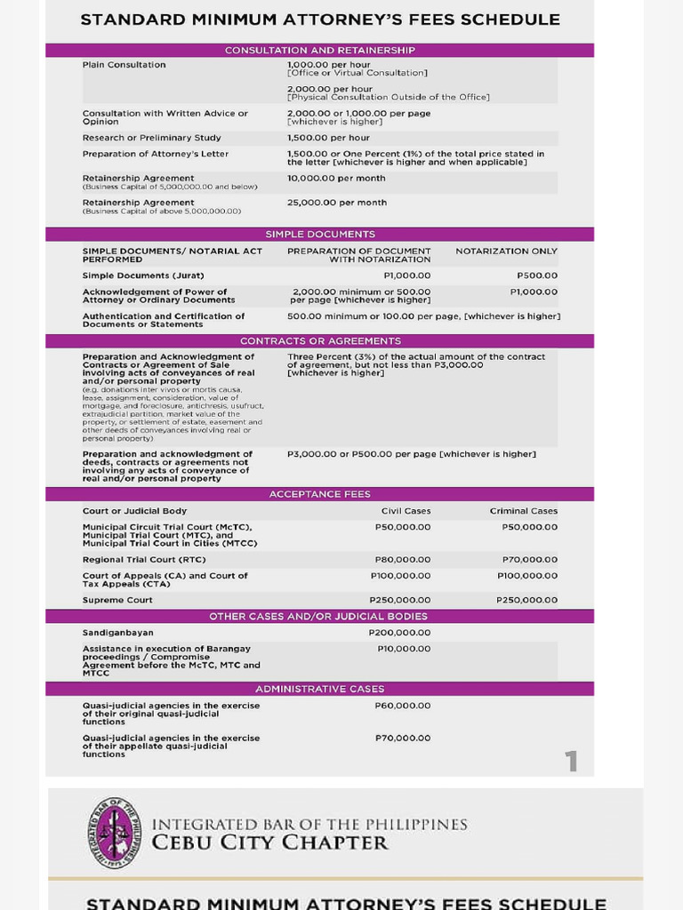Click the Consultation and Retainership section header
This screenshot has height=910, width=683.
[319, 51]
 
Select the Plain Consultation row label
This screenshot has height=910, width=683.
[124, 65]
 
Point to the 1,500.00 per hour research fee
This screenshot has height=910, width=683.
[328, 138]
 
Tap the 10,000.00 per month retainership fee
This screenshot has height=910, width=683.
[336, 179]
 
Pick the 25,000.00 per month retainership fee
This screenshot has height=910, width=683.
[336, 203]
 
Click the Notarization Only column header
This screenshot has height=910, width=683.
[506, 251]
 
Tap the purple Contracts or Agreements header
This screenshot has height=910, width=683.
[319, 341]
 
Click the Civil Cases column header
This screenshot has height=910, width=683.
[406, 511]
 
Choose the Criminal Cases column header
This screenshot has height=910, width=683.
[524, 511]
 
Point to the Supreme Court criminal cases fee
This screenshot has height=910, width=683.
[526, 600]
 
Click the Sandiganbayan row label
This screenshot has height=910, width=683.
[117, 633]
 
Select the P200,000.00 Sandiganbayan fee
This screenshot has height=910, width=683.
[399, 633]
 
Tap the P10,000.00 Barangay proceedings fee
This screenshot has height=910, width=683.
[403, 649]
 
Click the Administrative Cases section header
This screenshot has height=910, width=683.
[319, 689]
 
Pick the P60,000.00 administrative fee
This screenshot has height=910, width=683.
[403, 706]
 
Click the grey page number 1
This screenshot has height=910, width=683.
[570, 762]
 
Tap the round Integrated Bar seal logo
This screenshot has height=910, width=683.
[115, 833]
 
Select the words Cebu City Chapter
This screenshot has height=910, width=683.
[270, 842]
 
